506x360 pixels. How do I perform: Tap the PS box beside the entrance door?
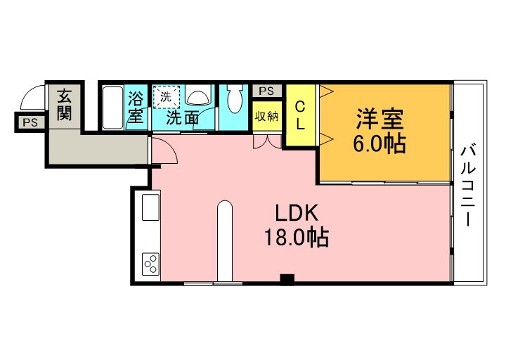pos(30,122)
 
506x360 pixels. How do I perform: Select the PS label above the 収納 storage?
pos(266,91)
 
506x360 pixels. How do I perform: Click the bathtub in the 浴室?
pos(113,108)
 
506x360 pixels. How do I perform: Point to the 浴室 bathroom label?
pos(136,107)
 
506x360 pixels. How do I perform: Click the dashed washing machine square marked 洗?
pos(166,97)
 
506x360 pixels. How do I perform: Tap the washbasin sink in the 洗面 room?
pos(197,95)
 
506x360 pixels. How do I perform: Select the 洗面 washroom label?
pos(182,118)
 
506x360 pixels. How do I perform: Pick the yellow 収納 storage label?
pos(266,116)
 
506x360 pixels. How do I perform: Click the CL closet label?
pos(301,115)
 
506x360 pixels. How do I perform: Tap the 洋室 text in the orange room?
pos(379,119)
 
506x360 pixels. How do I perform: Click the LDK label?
pos(297,212)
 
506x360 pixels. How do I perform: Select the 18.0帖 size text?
pos(297,238)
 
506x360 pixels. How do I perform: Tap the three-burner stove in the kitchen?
pos(150,264)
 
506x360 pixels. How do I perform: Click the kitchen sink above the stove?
pos(150,207)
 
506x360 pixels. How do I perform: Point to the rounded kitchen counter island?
pos(225,241)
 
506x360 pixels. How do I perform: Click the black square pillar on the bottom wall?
pos(287,280)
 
